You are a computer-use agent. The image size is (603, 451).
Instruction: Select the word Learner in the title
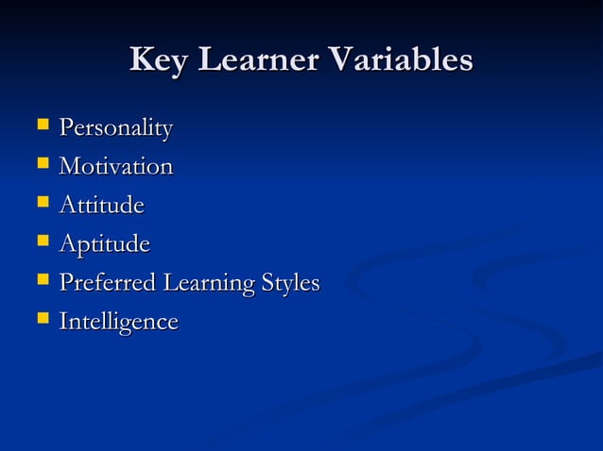[253, 59]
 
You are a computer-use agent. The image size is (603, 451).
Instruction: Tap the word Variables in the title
[402, 59]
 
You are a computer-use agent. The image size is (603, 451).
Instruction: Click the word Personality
[115, 127]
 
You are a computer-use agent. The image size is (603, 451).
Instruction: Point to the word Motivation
[115, 167]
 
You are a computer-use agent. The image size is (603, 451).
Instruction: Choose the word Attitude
[101, 205]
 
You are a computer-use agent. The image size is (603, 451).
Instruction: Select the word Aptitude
[104, 245]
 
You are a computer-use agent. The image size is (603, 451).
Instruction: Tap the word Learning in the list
[207, 283]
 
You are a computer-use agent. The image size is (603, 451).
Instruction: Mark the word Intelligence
[118, 322]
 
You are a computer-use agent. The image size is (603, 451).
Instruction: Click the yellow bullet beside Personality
[42, 125]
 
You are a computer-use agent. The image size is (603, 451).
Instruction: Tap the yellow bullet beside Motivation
[42, 164]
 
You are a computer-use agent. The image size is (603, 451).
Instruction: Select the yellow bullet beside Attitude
[42, 203]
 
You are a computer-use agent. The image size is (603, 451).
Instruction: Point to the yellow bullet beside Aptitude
[42, 242]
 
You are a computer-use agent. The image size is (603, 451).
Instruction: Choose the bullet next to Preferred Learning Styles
[42, 280]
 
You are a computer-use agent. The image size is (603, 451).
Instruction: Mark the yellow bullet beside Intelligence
[42, 319]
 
